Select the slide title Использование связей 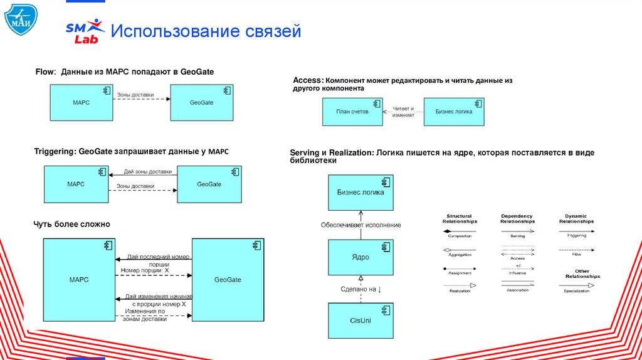(206, 31)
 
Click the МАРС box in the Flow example (82, 102)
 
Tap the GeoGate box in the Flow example (203, 102)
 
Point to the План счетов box (352, 112)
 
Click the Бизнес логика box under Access (453, 112)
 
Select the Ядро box (360, 257)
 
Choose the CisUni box (360, 320)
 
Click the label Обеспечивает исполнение (360, 225)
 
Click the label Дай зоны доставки (147, 171)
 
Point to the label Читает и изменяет (403, 112)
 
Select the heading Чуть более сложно (71, 224)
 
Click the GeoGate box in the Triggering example (209, 184)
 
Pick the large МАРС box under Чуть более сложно (78, 279)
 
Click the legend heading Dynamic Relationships (576, 219)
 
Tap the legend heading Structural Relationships (460, 219)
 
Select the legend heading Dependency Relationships (517, 219)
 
